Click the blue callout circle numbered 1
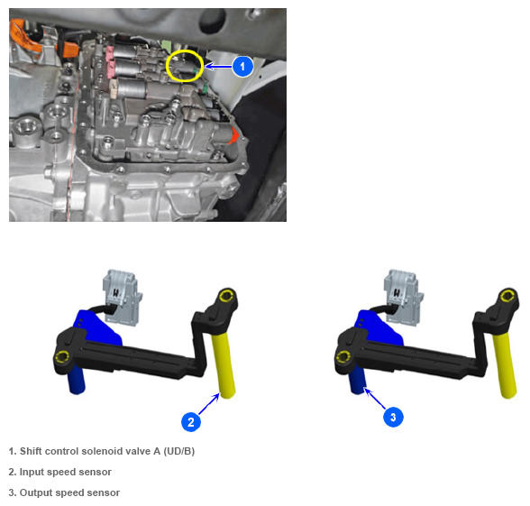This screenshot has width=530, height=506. point(242,67)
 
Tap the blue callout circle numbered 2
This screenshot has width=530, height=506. point(191,422)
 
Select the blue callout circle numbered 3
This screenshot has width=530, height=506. point(393,417)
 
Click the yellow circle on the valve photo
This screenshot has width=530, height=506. point(185,66)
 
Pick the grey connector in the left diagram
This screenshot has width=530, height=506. point(122,298)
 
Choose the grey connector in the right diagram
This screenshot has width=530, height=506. point(402,298)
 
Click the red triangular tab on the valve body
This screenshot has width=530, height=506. point(233,135)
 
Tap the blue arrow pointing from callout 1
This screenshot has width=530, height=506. point(219,67)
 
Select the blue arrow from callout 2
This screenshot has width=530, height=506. point(209,404)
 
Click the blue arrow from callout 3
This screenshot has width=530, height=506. point(375,399)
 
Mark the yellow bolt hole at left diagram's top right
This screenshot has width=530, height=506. point(225,296)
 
